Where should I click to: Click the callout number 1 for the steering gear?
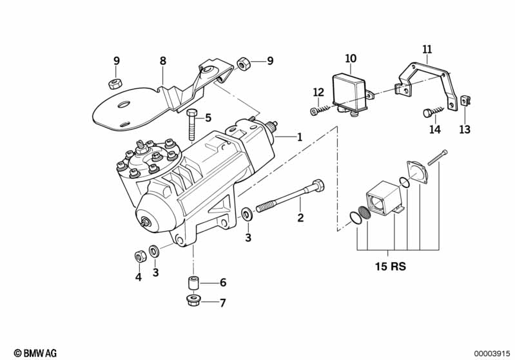pyautogui.click(x=299, y=137)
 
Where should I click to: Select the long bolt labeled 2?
pyautogui.click(x=289, y=197)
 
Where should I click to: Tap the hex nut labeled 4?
pyautogui.click(x=141, y=256)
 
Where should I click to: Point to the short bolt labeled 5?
pyautogui.click(x=192, y=125)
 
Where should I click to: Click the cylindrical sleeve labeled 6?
pyautogui.click(x=193, y=283)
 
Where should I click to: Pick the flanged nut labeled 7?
pyautogui.click(x=192, y=300)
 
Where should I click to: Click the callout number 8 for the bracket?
pyautogui.click(x=163, y=61)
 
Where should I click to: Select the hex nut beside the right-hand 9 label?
pyautogui.click(x=242, y=63)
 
